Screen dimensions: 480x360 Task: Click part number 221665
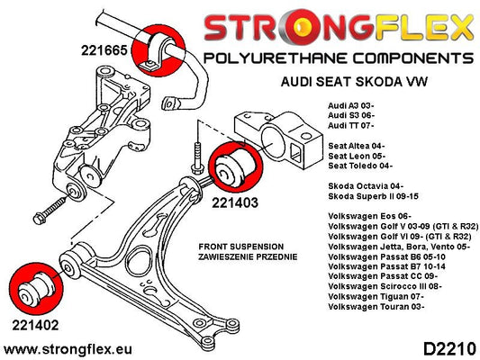click(x=104, y=50)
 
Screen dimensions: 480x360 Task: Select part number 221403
click(x=235, y=202)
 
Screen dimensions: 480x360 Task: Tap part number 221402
click(x=35, y=325)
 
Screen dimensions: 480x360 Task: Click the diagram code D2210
click(x=449, y=349)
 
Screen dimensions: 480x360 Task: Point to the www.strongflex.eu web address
click(x=68, y=349)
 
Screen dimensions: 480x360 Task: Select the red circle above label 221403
click(x=236, y=167)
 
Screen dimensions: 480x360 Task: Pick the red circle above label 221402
click(x=36, y=289)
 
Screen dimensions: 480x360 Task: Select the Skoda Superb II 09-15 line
click(x=373, y=196)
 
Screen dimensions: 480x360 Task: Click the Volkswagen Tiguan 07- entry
click(x=376, y=296)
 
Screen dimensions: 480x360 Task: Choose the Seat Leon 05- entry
click(x=357, y=156)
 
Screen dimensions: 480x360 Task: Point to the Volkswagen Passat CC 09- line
click(x=383, y=276)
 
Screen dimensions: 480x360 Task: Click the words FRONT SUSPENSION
click(x=241, y=247)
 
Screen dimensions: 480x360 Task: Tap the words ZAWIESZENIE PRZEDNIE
click(x=248, y=256)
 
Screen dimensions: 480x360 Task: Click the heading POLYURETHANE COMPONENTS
click(x=339, y=58)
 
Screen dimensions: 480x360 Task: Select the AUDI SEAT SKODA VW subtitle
click(x=354, y=82)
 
